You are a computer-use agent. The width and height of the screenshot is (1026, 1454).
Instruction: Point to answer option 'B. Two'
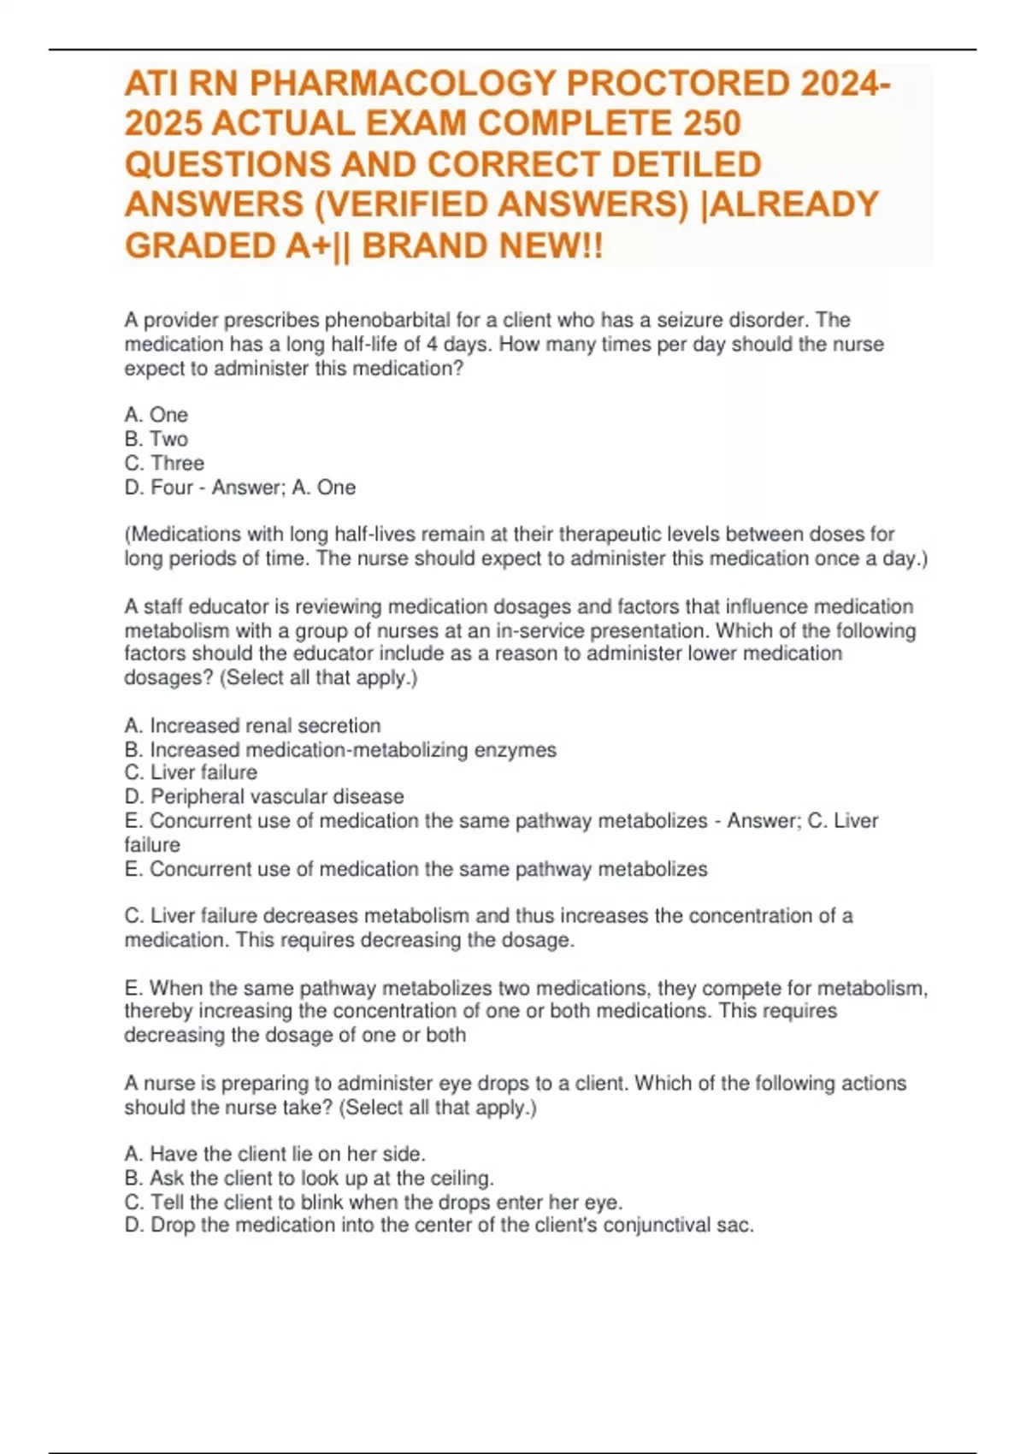click(x=156, y=439)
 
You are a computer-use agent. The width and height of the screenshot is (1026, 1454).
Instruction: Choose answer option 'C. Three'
click(x=164, y=463)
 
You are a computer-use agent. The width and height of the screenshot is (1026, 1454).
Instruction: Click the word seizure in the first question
click(x=689, y=320)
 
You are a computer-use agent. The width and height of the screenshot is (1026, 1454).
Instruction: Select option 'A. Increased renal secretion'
click(x=252, y=725)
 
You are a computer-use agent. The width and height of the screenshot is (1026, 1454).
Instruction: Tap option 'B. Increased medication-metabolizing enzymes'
click(x=340, y=749)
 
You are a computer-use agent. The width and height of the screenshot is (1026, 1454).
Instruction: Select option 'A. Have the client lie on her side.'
click(x=274, y=1153)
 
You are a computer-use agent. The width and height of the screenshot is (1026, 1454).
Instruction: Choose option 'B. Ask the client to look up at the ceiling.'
click(x=309, y=1178)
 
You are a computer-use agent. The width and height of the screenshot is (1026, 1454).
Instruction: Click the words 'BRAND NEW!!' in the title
click(x=482, y=246)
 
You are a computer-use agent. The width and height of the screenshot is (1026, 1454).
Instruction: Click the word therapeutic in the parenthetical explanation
click(x=610, y=535)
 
